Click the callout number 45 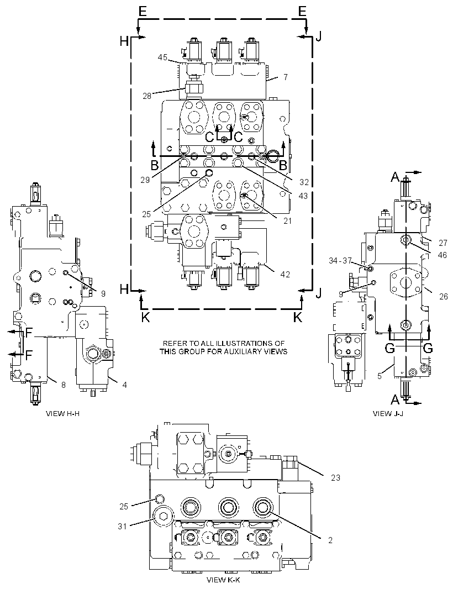tap(162, 57)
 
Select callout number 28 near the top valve tap(147, 96)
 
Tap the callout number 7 tap(286, 77)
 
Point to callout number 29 tap(145, 180)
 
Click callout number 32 tap(304, 182)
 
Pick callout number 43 tap(303, 196)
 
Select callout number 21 tap(287, 221)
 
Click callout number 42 tap(285, 274)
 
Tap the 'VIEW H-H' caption tap(63, 414)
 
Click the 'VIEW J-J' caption tap(388, 414)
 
